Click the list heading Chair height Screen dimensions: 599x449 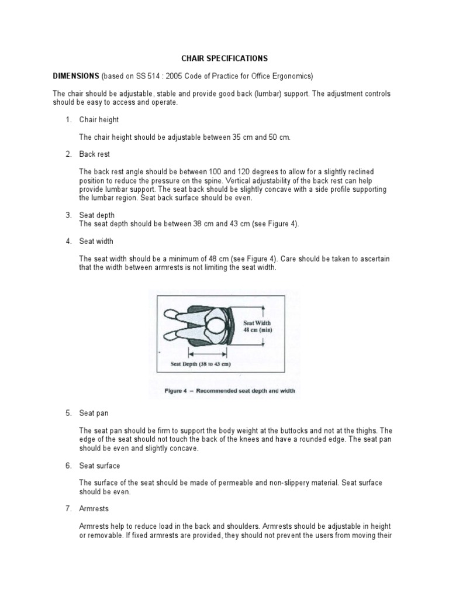[x=99, y=120]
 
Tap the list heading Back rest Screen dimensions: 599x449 [x=95, y=154]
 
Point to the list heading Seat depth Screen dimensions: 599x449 [x=97, y=216]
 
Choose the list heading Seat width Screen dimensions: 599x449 [x=96, y=241]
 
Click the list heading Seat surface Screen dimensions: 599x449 [x=99, y=466]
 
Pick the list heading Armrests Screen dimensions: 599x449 [x=94, y=510]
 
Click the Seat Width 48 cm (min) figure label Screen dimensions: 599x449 [x=257, y=326]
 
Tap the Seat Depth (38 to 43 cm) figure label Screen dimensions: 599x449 [x=201, y=364]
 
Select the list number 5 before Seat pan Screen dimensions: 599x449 [x=68, y=414]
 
